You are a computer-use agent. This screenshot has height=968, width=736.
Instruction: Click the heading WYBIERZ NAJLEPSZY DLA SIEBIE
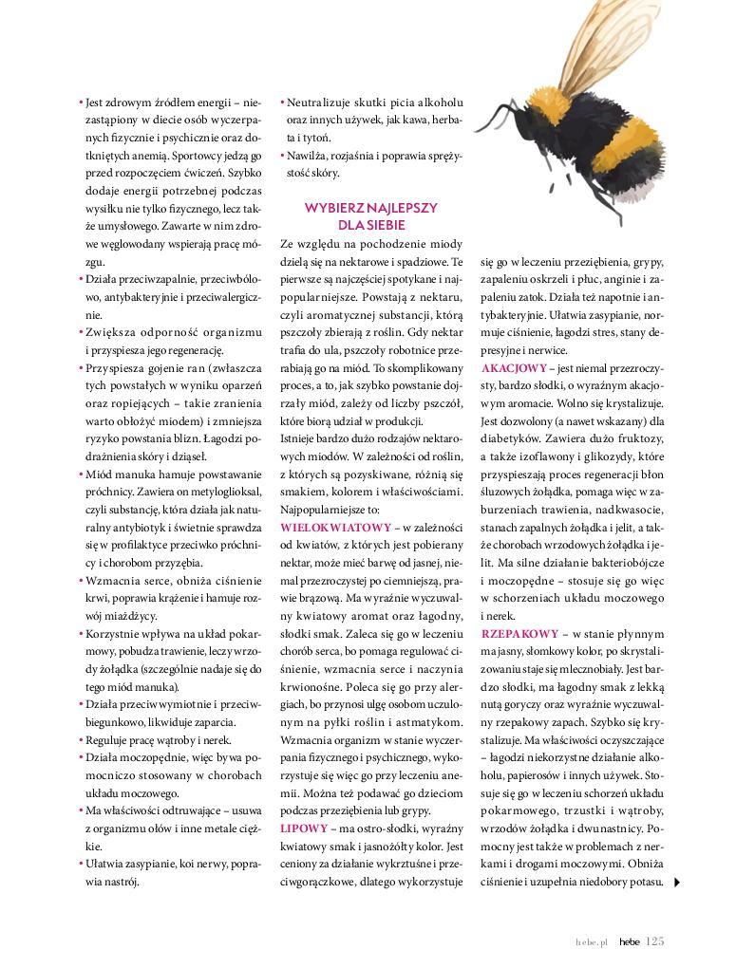[x=370, y=215]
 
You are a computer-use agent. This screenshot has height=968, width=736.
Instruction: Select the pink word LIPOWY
[x=304, y=828]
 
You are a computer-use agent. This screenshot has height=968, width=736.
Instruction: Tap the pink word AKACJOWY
[x=514, y=367]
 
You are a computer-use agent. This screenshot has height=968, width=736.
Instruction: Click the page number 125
[x=655, y=941]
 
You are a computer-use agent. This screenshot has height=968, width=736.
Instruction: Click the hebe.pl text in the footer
[x=590, y=942]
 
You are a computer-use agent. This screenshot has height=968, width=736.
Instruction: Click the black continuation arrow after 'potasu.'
[x=675, y=883]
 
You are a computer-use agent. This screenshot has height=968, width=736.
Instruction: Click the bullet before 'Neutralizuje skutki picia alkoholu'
[x=282, y=102]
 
